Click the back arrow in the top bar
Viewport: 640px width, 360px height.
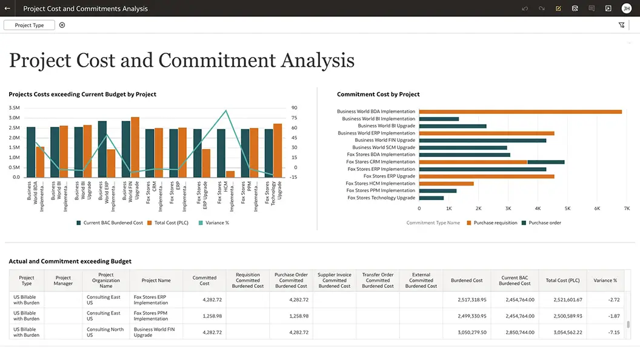[7, 8]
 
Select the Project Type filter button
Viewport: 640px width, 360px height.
[29, 25]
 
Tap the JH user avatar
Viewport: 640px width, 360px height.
[626, 8]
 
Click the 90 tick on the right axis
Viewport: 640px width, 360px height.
[294, 108]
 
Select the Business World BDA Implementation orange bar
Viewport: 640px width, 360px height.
[520, 112]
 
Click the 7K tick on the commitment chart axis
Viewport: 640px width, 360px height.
[627, 208]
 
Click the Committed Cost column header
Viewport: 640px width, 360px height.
[204, 281]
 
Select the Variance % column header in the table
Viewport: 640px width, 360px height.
[605, 281]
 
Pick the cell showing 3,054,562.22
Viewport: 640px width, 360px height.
[563, 332]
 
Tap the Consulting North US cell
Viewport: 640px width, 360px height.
[105, 332]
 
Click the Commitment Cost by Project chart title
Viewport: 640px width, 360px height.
[378, 95]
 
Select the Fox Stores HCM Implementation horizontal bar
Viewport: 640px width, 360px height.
[446, 183]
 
